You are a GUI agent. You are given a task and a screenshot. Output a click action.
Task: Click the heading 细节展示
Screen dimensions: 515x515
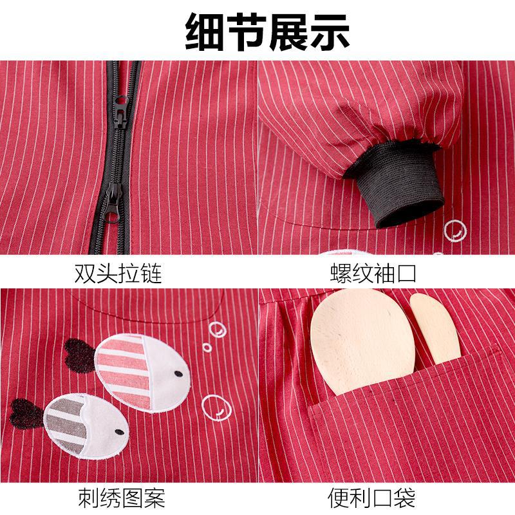coord(268,32)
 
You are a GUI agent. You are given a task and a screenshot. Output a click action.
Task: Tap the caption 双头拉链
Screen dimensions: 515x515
coord(118,273)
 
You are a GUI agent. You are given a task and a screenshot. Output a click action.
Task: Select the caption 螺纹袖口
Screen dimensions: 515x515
coord(373,273)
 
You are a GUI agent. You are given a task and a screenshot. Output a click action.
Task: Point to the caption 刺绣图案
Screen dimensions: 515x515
coord(121,498)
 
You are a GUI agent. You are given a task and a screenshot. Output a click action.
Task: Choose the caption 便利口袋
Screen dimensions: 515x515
coord(371,498)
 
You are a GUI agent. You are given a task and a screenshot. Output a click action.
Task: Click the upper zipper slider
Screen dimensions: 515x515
coord(121,111)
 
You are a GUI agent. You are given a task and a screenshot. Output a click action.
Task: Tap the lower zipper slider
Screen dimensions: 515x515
coord(113,203)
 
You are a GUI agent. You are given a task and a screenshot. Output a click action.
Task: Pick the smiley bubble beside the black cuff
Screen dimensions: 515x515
coord(455,230)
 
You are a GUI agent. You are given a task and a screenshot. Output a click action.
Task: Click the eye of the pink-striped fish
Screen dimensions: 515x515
coord(178,374)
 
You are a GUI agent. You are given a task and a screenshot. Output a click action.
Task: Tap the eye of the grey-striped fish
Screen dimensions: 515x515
coord(120,432)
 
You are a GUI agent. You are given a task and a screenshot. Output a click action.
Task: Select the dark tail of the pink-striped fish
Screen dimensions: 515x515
coord(80,357)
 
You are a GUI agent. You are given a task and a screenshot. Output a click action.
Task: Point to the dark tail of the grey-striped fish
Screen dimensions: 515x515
coord(26,414)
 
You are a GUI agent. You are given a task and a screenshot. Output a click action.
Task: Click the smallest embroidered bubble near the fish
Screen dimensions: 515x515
coord(207,348)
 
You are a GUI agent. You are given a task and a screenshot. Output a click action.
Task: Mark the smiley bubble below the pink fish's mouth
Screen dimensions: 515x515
coord(216,407)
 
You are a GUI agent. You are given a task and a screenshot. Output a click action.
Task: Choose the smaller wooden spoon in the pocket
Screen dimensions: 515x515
coord(435,328)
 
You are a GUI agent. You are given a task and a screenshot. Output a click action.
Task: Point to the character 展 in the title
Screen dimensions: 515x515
coord(288,32)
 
